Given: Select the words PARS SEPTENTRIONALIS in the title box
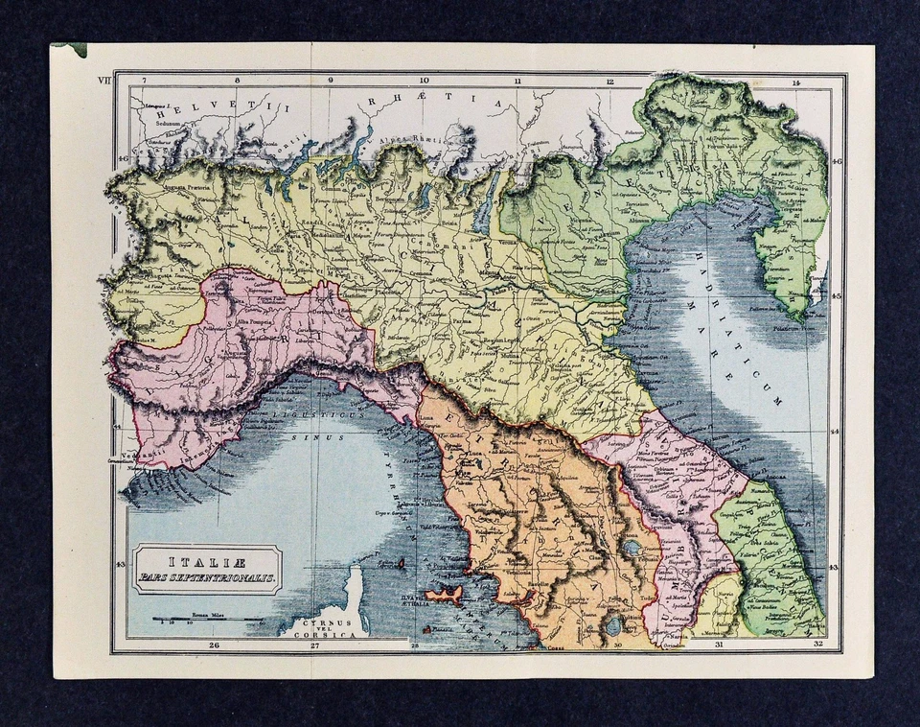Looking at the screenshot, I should [x=206, y=577].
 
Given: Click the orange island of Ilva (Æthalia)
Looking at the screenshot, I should [x=444, y=596].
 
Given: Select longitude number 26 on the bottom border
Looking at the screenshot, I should [x=214, y=645].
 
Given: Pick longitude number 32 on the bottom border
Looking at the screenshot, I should [x=816, y=645].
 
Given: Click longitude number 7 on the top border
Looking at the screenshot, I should [x=144, y=82].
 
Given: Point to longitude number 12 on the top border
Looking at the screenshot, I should [x=609, y=82].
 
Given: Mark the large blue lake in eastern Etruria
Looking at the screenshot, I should [x=631, y=549].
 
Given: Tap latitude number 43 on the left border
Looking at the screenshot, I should [x=119, y=566].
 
